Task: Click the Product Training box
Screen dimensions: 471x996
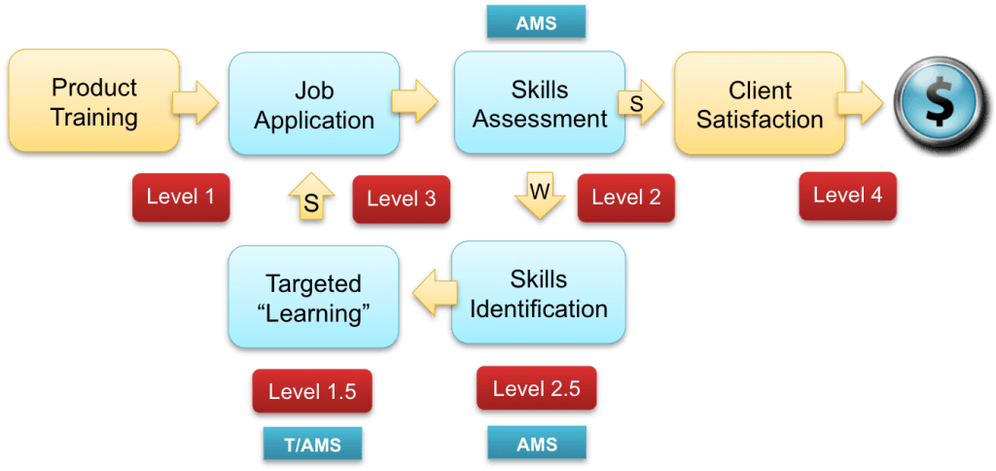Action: click(x=93, y=103)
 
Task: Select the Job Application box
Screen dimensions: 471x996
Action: click(x=313, y=105)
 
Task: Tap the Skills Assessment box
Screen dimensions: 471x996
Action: click(x=539, y=104)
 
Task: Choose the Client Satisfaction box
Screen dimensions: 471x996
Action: click(x=760, y=105)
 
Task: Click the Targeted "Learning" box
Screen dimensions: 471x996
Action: click(x=312, y=299)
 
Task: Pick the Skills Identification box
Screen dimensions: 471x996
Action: click(x=538, y=294)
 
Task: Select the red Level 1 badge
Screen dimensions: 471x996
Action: click(x=181, y=197)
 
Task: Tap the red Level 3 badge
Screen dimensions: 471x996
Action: click(x=401, y=199)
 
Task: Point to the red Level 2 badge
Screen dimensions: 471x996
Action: click(x=625, y=198)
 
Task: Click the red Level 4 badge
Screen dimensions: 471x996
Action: click(x=847, y=196)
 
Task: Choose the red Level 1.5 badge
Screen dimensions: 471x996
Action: click(x=312, y=392)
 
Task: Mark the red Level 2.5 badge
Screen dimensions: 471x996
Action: click(x=536, y=389)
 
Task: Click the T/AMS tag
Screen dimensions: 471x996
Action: click(x=312, y=445)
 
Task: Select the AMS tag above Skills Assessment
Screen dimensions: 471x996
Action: click(x=536, y=21)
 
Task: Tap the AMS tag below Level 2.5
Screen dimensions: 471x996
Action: click(x=536, y=444)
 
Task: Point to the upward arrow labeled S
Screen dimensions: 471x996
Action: click(x=312, y=199)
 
